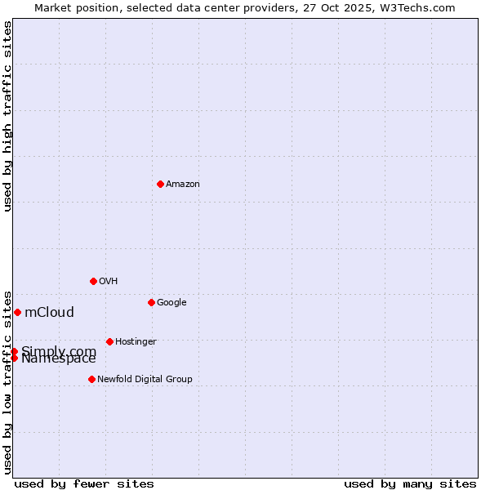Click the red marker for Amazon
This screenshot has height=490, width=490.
click(160, 184)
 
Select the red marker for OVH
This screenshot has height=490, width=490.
click(93, 281)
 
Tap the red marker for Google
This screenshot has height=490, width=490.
click(151, 302)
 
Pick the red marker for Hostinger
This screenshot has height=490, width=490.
click(109, 341)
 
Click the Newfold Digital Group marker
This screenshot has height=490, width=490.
click(91, 379)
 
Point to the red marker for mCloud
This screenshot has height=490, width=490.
click(17, 312)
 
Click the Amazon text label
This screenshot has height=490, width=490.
click(183, 185)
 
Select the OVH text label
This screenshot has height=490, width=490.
click(109, 282)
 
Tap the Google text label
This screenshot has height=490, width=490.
click(171, 303)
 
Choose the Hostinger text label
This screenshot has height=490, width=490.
click(136, 342)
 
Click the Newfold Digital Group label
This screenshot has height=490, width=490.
click(145, 380)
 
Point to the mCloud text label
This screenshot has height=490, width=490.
click(49, 312)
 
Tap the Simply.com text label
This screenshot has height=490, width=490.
click(59, 350)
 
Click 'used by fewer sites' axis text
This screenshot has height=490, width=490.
click(84, 483)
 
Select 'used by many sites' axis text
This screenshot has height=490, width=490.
click(410, 483)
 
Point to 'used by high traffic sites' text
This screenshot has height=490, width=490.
click(7, 116)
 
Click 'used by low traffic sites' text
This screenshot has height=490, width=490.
click(7, 381)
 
